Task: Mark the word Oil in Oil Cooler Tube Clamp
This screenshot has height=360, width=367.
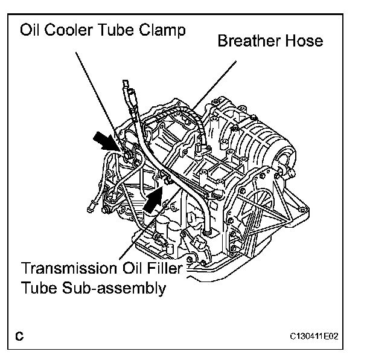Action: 31,30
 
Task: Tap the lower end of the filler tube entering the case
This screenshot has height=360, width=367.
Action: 208,230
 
